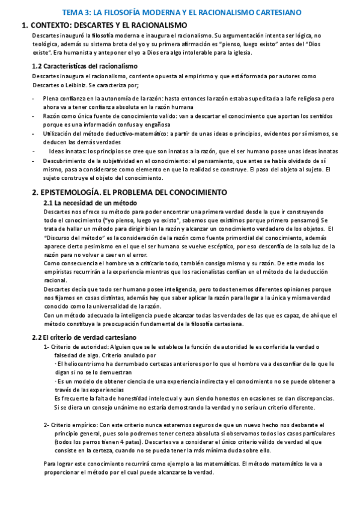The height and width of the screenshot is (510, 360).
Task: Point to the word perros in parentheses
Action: (x=88, y=441)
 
